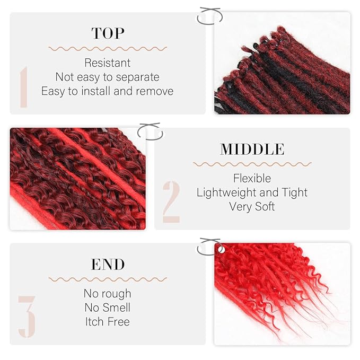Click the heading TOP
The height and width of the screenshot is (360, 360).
(x=108, y=33)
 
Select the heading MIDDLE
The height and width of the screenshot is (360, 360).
(x=252, y=149)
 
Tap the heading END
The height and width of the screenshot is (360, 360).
(x=108, y=264)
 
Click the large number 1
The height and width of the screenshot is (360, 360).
(x=24, y=87)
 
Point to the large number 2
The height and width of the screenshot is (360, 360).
(x=171, y=202)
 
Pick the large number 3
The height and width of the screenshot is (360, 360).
(x=27, y=317)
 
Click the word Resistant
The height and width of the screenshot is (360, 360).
(x=108, y=63)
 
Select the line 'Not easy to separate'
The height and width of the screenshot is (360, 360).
(x=108, y=77)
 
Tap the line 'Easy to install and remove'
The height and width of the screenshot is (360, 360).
(x=108, y=91)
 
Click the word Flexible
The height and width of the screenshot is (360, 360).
(x=252, y=178)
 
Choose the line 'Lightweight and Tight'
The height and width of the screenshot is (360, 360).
(x=252, y=192)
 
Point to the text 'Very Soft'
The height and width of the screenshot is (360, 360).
(x=252, y=206)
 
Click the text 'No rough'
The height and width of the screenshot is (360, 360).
(x=108, y=293)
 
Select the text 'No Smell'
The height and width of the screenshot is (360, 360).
(x=108, y=308)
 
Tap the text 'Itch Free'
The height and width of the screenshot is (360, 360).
(x=108, y=321)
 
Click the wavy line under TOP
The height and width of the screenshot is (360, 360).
(x=108, y=48)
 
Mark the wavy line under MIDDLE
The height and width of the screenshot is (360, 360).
(x=252, y=164)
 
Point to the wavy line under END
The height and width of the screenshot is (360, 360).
(x=108, y=279)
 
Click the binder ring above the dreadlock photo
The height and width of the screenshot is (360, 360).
(x=208, y=16)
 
